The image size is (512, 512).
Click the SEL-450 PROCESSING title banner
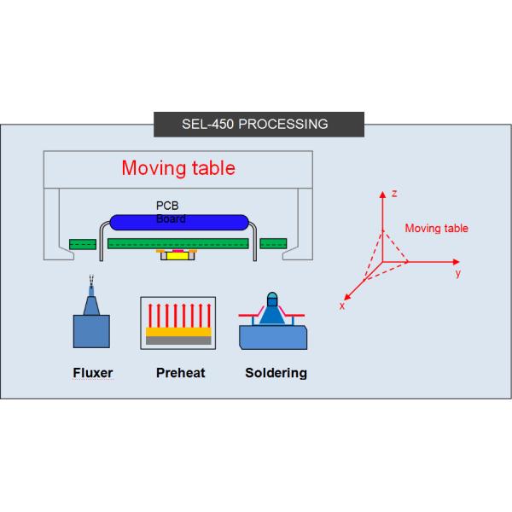[254, 124]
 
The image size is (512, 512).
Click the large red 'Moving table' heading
[177, 167]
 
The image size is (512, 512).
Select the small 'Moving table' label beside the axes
[436, 229]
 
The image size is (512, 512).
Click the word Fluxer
[92, 373]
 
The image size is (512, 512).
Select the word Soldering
[276, 373]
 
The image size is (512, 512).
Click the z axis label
[394, 194]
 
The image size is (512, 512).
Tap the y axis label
[457, 274]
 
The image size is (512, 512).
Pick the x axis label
[341, 305]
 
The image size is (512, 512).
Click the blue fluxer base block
[91, 330]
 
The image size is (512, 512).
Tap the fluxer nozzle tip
[91, 282]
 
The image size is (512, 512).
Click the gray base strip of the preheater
[177, 340]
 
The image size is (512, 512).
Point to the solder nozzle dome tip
[272, 299]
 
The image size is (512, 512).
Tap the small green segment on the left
[82, 244]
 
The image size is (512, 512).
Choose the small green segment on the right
[273, 244]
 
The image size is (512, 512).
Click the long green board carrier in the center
[177, 244]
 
